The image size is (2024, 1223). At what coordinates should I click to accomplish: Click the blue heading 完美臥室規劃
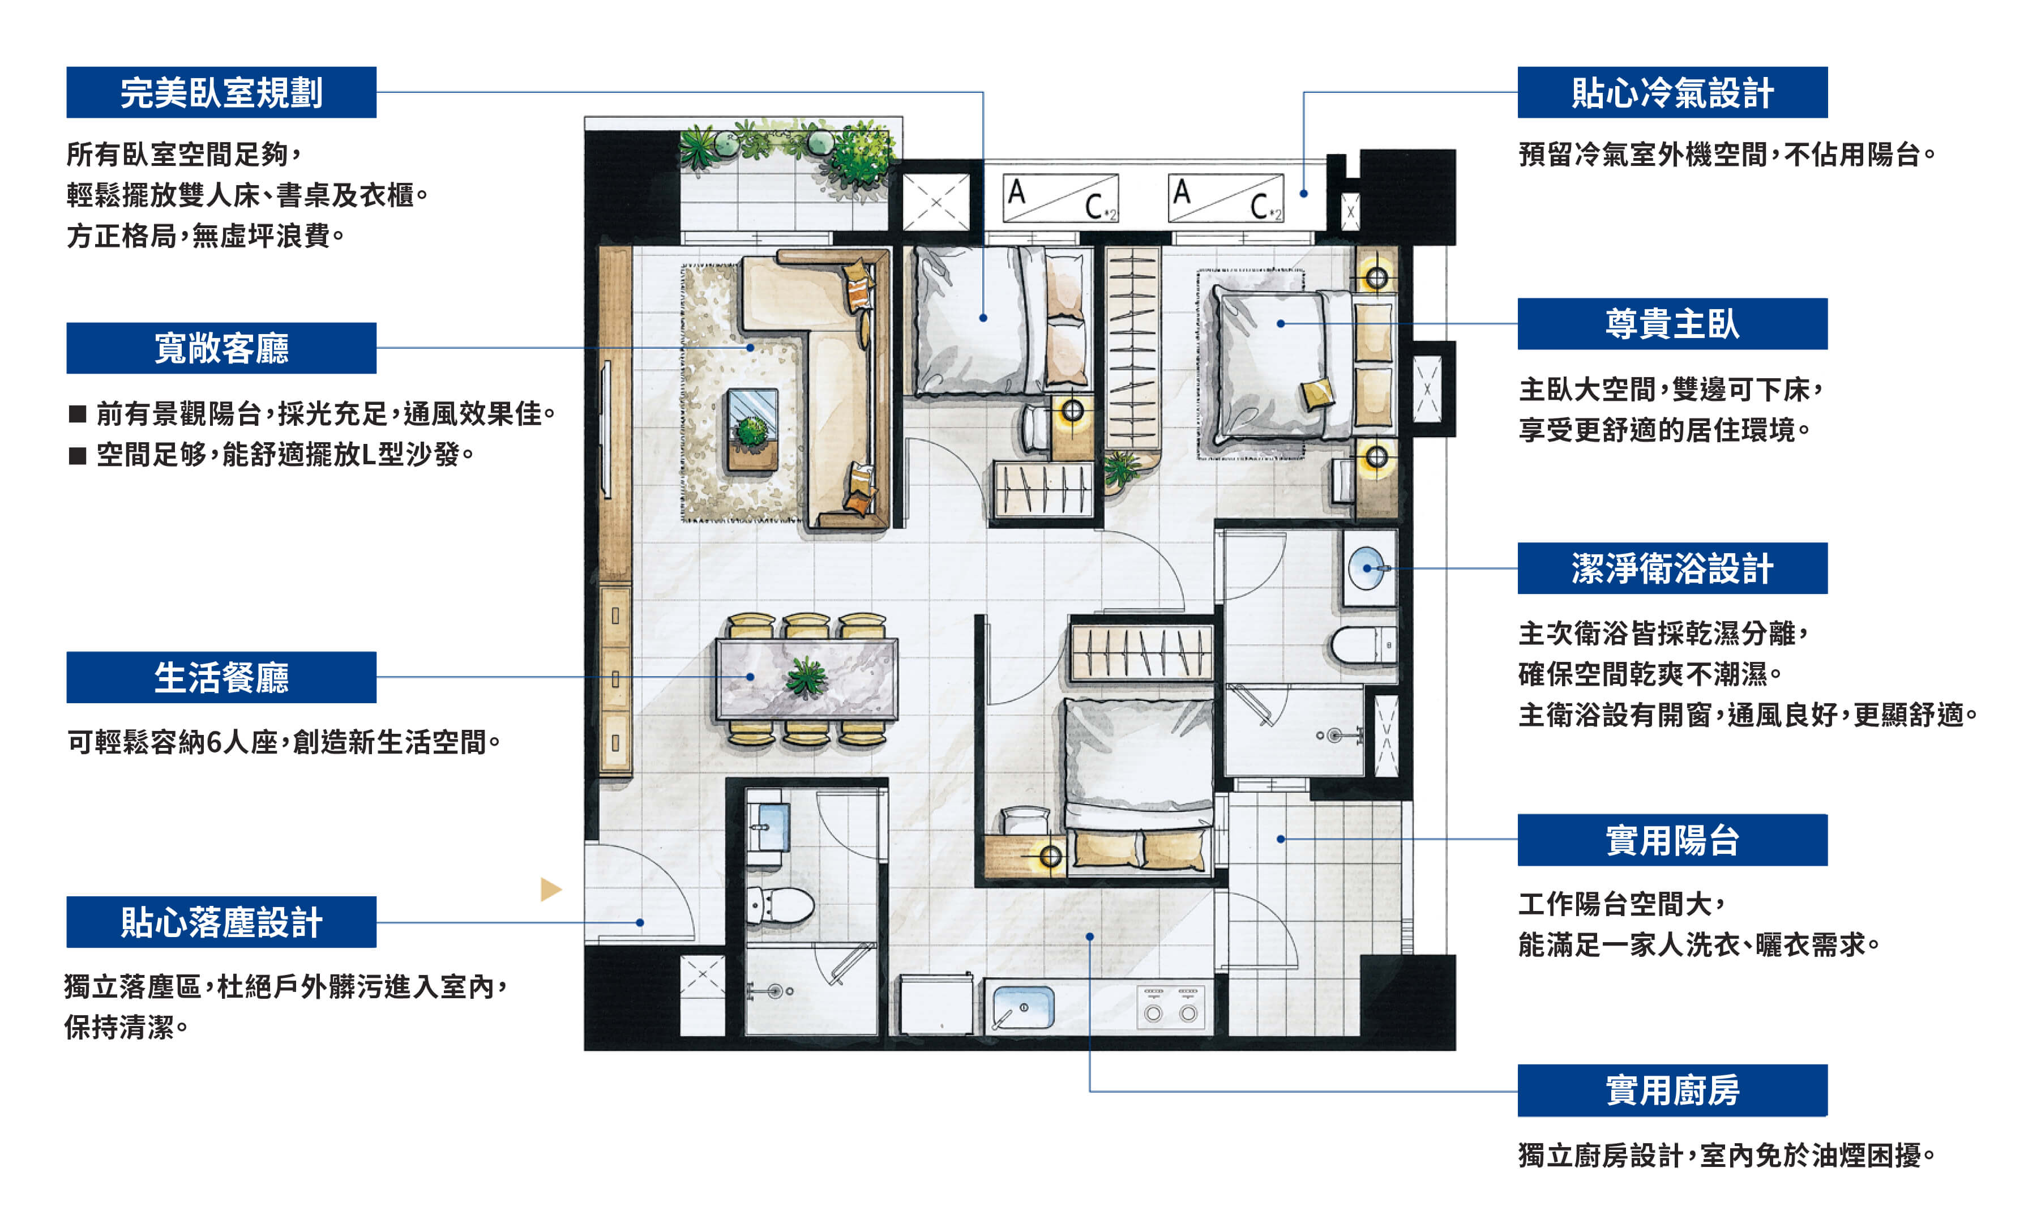click(x=221, y=92)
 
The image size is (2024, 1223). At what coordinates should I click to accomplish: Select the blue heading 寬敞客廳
click(x=221, y=348)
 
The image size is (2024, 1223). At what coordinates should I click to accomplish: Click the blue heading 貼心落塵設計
click(x=221, y=922)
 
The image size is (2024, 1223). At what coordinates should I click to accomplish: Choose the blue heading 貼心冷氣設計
click(x=1672, y=92)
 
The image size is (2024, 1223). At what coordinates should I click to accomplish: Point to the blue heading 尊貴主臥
click(x=1672, y=324)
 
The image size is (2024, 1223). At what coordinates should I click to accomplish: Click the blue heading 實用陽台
click(x=1672, y=840)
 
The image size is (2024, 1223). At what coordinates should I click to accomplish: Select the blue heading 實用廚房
click(x=1672, y=1090)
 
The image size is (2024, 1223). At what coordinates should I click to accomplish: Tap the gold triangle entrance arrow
click(x=550, y=889)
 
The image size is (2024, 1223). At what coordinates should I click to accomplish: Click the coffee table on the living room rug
click(x=752, y=430)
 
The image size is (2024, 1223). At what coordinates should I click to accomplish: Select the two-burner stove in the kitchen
click(x=1171, y=1007)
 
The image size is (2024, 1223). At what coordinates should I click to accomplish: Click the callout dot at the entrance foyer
click(x=640, y=922)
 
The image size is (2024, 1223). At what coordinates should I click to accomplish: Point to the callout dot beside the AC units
click(x=1304, y=194)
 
